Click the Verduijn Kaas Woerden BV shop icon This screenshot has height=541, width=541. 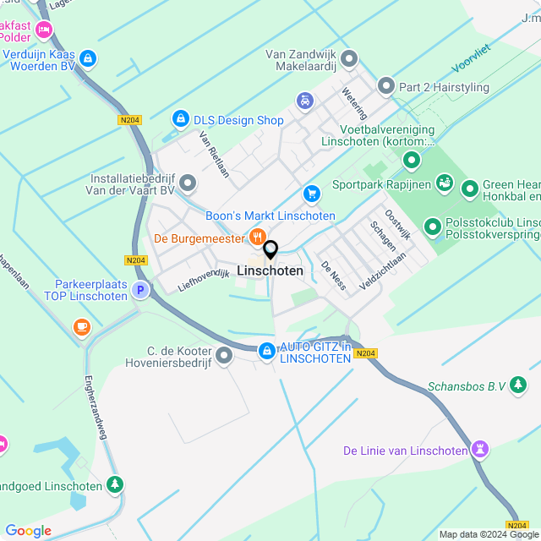click(88, 58)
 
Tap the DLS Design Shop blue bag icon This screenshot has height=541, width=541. click(179, 120)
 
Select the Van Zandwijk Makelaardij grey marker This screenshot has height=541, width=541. click(349, 59)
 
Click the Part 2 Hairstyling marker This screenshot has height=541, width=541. click(386, 85)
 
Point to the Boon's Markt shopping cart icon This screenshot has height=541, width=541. click(312, 194)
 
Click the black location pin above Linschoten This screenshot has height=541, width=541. click(270, 251)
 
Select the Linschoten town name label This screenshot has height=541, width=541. click(270, 271)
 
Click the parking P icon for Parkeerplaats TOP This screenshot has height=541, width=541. click(140, 291)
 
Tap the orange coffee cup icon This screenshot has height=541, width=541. click(81, 326)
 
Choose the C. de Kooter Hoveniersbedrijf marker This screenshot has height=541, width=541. click(224, 356)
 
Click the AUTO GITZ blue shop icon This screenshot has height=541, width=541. click(266, 350)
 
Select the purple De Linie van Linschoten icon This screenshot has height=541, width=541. click(481, 450)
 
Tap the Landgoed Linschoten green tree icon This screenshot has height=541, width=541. click(115, 485)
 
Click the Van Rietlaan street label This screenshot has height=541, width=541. click(214, 157)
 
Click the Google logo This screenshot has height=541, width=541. click(29, 531)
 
